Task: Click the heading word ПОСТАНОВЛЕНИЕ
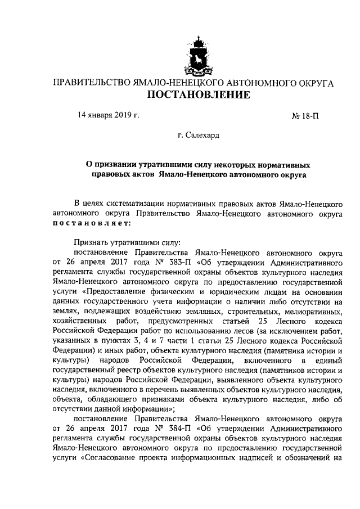click(199, 95)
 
